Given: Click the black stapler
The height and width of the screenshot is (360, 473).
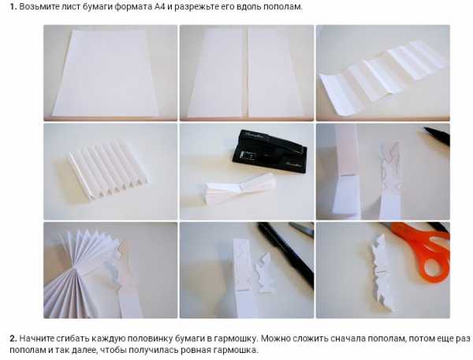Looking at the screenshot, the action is [x=270, y=151].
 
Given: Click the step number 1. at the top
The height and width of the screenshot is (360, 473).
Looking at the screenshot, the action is [x=13, y=6].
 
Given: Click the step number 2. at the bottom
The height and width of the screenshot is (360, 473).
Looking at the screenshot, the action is [x=13, y=338].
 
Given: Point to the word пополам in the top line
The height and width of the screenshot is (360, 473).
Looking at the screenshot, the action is [x=283, y=6].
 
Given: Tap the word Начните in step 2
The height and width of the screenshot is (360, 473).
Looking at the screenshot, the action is [x=36, y=338].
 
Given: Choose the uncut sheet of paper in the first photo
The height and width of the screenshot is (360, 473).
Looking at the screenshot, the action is [x=106, y=72].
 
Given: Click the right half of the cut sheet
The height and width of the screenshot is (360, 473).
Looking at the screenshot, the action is [x=274, y=72].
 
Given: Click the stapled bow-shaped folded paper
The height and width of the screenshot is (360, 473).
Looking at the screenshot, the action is [x=240, y=188].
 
